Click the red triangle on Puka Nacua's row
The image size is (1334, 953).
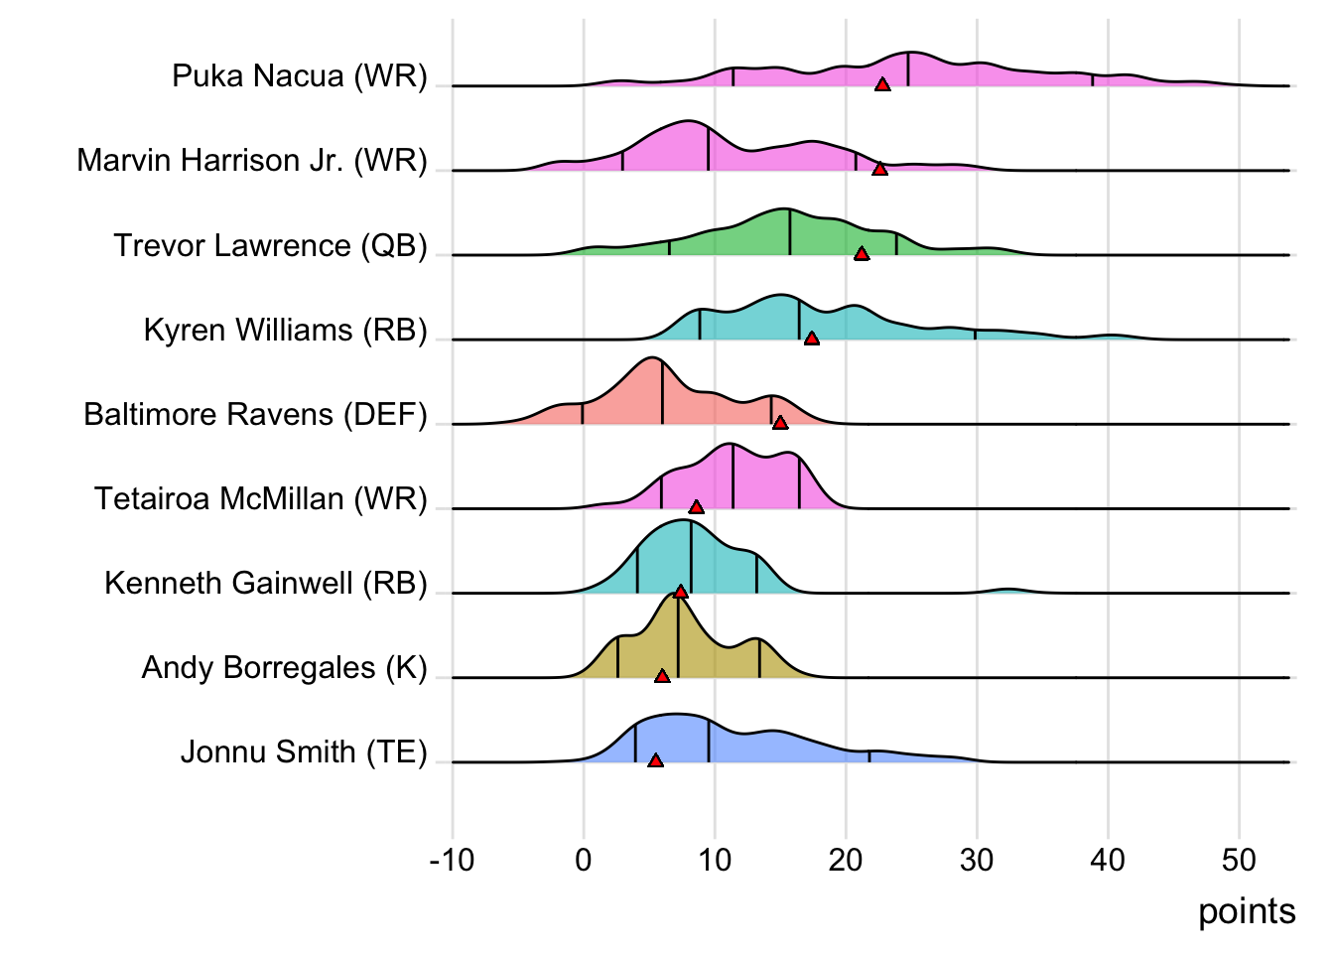click(x=882, y=85)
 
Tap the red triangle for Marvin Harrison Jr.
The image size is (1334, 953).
click(x=879, y=170)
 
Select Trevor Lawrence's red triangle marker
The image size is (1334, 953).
click(x=862, y=254)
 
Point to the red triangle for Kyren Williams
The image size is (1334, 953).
click(x=812, y=339)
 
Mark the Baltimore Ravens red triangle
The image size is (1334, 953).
click(x=780, y=423)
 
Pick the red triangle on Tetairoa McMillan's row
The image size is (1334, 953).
click(x=697, y=507)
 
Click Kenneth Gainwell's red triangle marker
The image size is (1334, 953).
click(x=681, y=592)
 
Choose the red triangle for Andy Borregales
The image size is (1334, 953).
click(x=662, y=676)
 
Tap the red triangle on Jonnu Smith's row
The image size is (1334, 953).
click(x=655, y=760)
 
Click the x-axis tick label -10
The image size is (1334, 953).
click(x=452, y=860)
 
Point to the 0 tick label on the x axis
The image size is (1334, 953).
click(x=584, y=860)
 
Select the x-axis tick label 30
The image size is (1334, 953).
click(x=977, y=860)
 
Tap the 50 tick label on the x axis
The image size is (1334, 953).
click(x=1239, y=860)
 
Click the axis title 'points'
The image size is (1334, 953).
click(x=1247, y=911)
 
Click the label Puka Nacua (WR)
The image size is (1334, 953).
click(x=299, y=76)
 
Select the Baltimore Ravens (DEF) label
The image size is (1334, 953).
click(x=255, y=414)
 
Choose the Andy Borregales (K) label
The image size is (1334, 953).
click(x=284, y=667)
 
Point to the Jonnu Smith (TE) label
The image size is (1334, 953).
click(x=304, y=751)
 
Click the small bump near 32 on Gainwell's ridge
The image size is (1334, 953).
click(x=1008, y=590)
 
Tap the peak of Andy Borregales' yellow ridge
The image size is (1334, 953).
click(x=677, y=596)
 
